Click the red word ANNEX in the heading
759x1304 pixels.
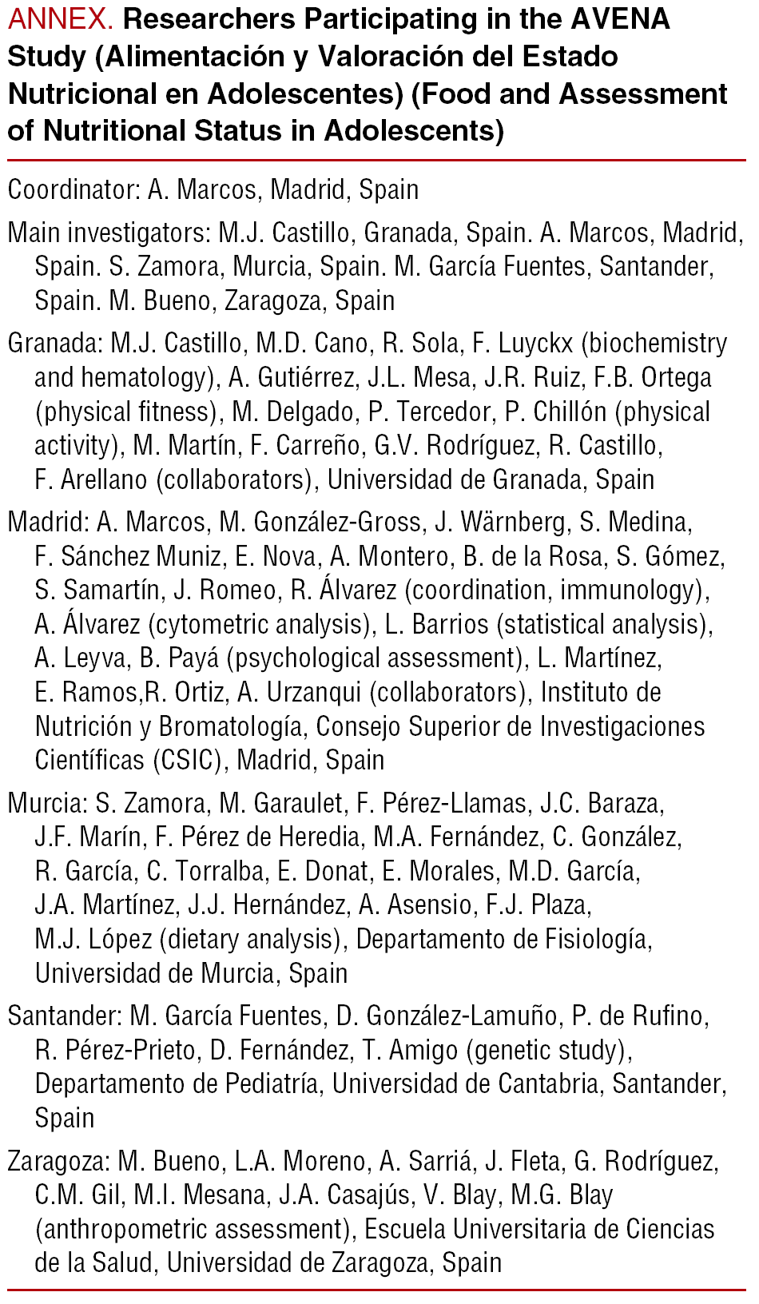59,19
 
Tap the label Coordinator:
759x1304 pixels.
74,190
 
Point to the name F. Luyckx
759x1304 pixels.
523,344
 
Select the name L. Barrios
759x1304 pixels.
436,625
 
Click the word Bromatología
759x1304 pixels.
230,727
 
